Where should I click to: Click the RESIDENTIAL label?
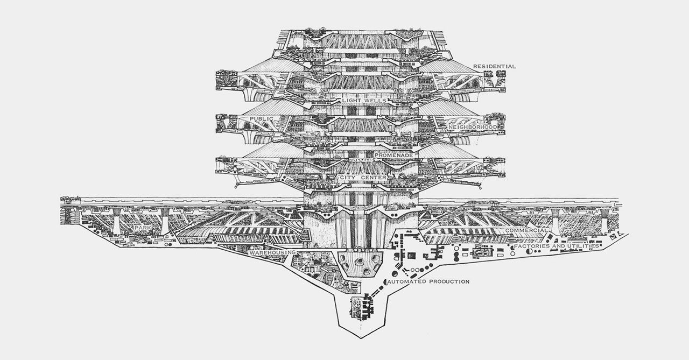pos(494,67)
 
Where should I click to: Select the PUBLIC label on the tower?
pos(262,118)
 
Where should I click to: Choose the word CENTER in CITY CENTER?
pos(371,177)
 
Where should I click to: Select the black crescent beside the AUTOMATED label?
pos(385,281)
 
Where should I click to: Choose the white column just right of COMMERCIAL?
pos(554,222)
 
